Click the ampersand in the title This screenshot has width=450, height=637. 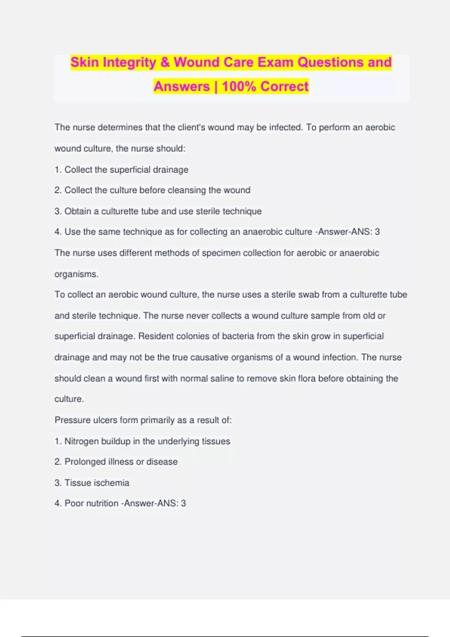coord(165,62)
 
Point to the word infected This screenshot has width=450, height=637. coord(286,127)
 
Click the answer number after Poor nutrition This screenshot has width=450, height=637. coord(183,503)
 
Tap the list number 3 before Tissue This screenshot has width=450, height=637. coord(57,483)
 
